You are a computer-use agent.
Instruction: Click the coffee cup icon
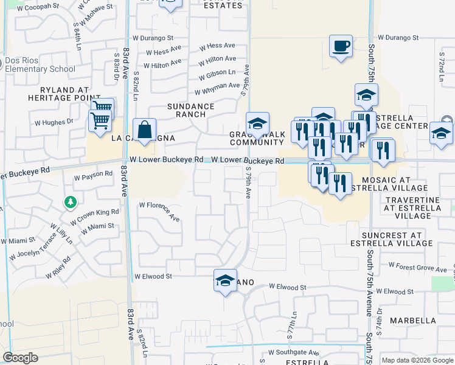click(341, 46)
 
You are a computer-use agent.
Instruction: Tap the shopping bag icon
click(144, 130)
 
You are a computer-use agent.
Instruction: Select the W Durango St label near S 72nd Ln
click(398, 37)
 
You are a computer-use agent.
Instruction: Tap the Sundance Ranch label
click(191, 110)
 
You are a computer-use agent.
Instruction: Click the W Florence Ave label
click(159, 210)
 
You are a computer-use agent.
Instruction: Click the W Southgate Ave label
click(294, 352)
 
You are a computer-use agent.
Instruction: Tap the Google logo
click(20, 358)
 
